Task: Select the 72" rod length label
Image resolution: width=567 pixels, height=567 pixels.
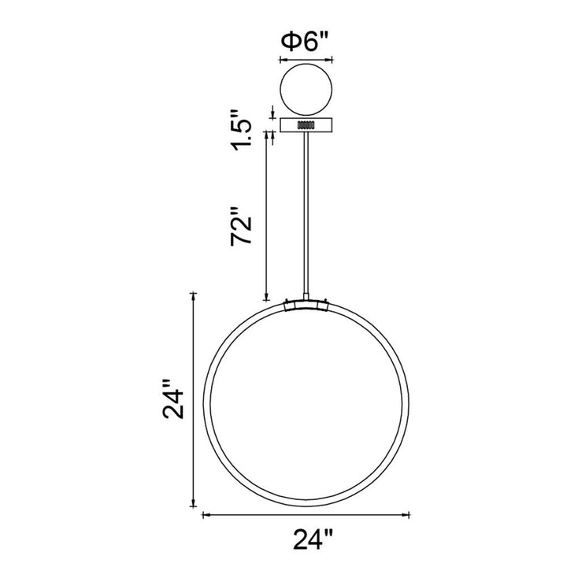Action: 241,226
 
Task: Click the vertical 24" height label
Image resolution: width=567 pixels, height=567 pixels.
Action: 174,398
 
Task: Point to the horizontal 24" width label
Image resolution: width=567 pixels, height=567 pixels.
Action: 313,539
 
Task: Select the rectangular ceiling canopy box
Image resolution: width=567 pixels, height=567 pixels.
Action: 306,124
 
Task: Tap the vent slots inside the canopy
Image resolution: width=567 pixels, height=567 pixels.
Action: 306,124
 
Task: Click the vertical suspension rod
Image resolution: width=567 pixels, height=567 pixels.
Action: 306,213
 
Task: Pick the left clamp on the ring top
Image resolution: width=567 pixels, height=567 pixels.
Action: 289,306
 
